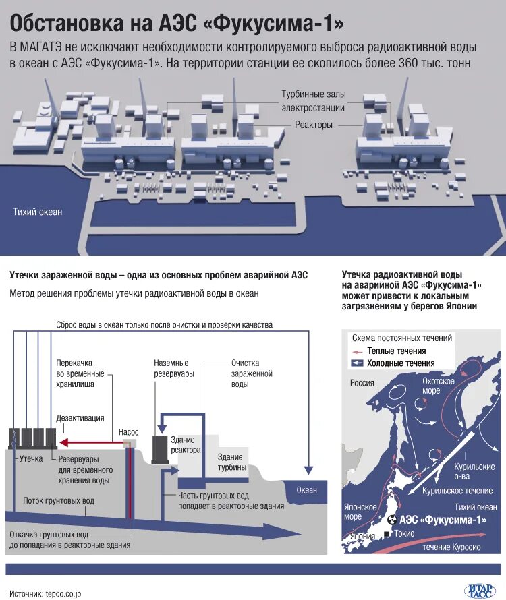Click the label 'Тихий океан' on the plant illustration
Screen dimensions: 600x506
(38, 212)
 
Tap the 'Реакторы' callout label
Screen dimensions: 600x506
(313, 125)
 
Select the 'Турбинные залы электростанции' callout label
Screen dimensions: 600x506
(313, 102)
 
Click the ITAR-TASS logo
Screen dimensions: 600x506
(480, 591)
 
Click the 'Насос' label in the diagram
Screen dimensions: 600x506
(128, 431)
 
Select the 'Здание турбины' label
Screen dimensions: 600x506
(231, 462)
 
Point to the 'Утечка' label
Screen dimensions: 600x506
(31, 458)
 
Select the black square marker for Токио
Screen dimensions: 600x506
(387, 534)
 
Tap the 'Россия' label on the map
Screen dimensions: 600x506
(362, 383)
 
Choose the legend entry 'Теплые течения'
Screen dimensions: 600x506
(396, 351)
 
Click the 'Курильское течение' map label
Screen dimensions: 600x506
(457, 491)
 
